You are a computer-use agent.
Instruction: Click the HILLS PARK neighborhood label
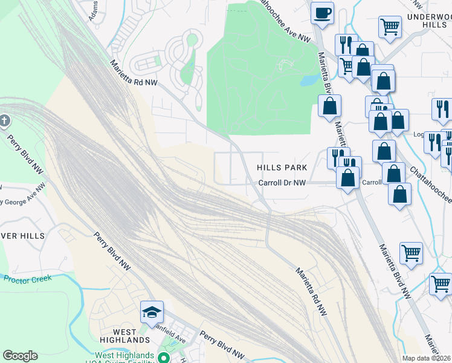pos(282,168)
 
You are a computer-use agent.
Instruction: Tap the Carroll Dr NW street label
pos(283,183)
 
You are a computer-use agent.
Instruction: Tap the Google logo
pos(20,356)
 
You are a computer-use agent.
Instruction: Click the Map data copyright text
pos(427,358)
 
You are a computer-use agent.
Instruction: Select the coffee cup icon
pos(323,12)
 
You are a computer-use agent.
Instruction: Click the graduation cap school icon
pos(152,312)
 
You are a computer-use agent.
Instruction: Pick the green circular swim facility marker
pos(163,358)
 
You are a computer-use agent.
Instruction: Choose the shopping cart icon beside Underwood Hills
pos(390,27)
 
